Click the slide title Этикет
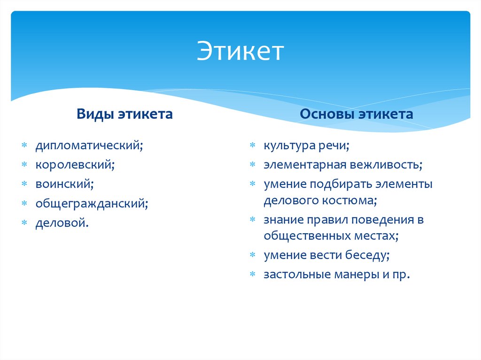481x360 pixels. [x=240, y=51]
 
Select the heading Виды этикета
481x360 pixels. [x=125, y=114]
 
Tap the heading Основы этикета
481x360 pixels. [x=357, y=114]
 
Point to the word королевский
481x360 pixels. [x=75, y=165]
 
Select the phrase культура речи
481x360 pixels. [x=306, y=146]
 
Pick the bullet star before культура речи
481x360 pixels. [x=252, y=146]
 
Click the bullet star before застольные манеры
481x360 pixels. [x=252, y=275]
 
